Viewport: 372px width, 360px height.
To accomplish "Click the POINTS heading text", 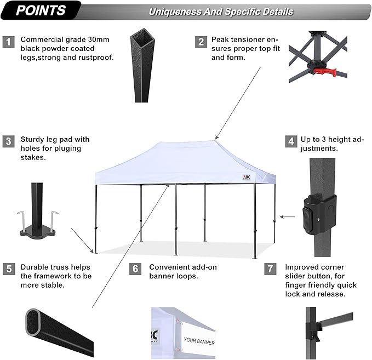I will coord(41,10).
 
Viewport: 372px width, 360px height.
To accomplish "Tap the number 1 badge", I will coord(8,42).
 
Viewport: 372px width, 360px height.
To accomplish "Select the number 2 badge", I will coord(202,42).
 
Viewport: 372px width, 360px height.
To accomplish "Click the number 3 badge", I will coord(8,141).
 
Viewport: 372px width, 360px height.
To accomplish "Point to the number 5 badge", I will coord(8,268).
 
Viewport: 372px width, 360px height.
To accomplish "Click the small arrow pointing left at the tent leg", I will coord(286,217).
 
